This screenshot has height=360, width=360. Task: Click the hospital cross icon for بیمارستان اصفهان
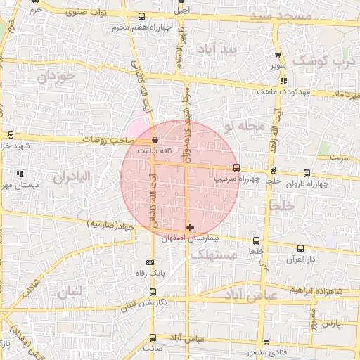point(190,228)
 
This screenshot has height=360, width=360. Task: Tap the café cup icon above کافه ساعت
point(155,141)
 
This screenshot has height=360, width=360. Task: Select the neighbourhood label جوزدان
point(56,77)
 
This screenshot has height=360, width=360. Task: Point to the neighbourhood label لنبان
point(71,290)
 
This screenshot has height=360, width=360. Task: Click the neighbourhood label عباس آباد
point(251,296)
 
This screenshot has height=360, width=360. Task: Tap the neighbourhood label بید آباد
point(220,50)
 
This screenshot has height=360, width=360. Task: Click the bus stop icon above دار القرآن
point(300,248)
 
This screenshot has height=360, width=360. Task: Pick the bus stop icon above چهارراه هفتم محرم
point(142,17)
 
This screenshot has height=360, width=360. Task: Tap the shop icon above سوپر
point(278,54)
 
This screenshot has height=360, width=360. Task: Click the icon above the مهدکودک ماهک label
point(283,81)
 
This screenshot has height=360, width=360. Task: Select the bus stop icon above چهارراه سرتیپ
point(236,167)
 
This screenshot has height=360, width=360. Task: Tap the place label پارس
point(331,323)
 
